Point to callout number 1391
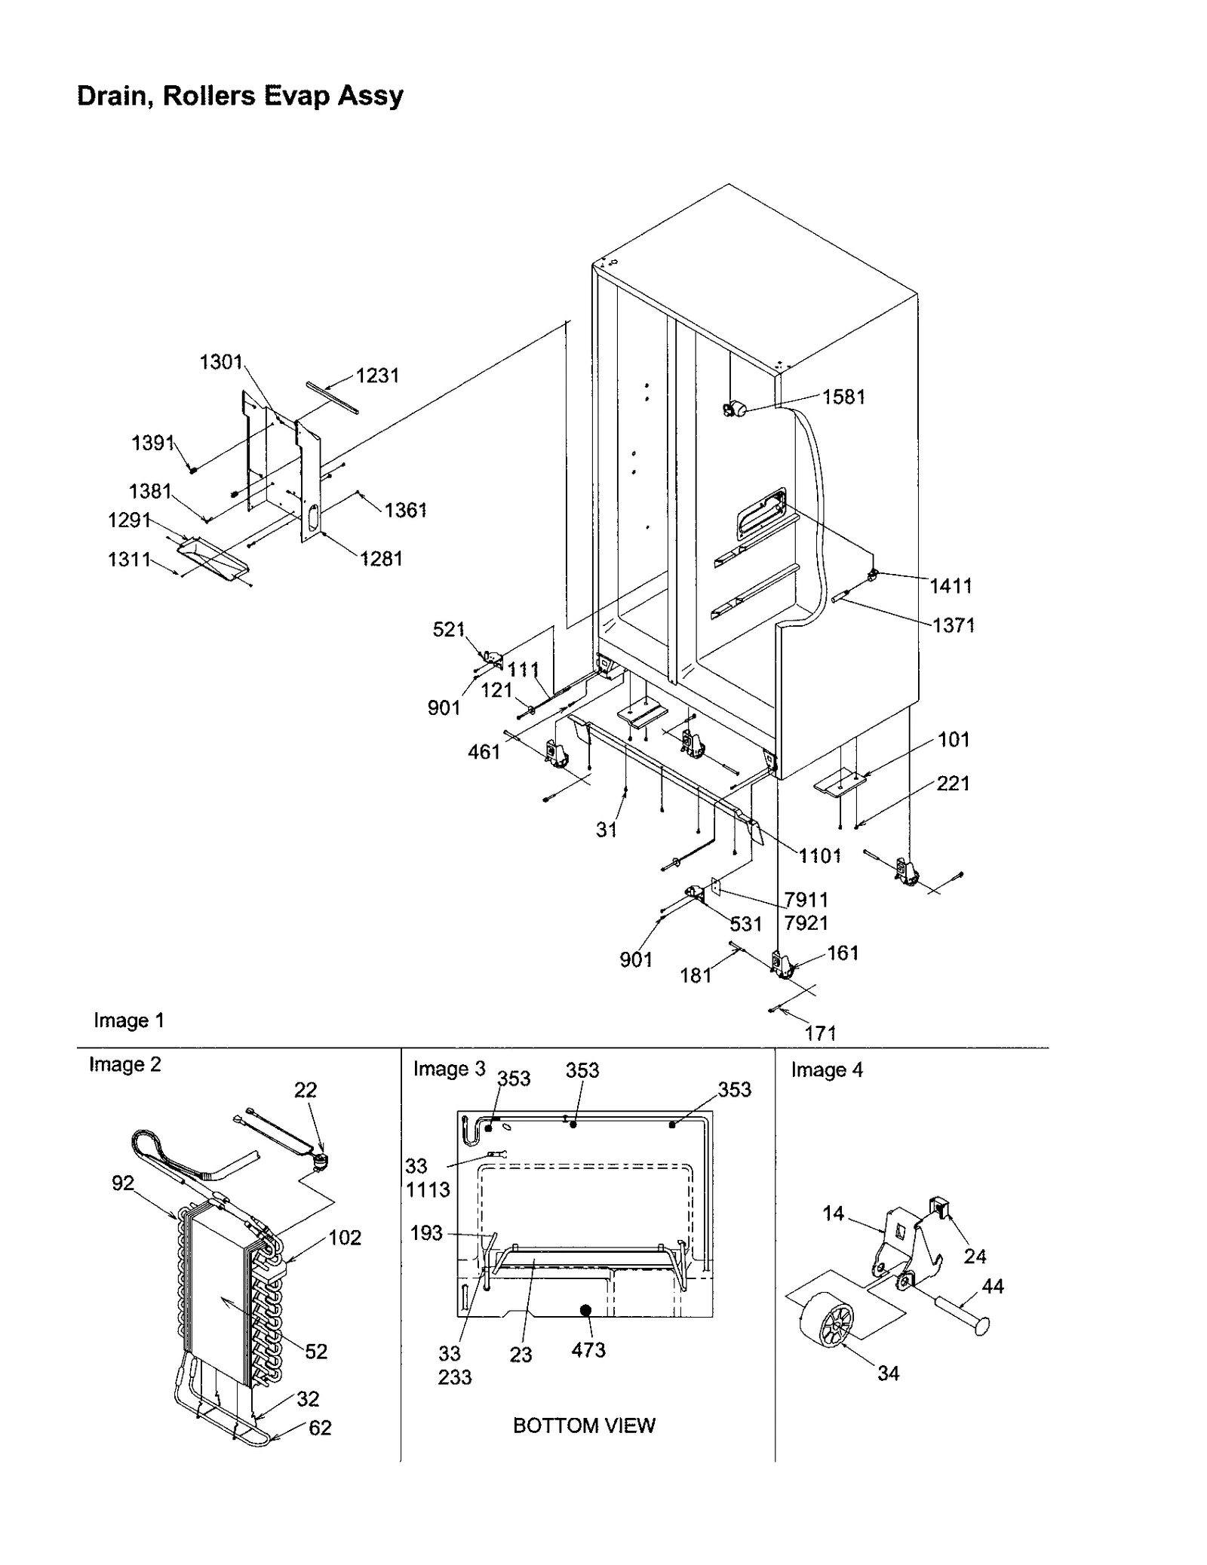(x=153, y=443)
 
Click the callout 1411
(x=950, y=585)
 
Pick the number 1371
(x=953, y=624)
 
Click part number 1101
(x=820, y=855)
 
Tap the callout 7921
(x=806, y=922)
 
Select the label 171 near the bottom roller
(x=820, y=1033)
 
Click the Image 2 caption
(x=124, y=1064)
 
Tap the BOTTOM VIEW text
(x=584, y=1425)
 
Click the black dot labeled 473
(x=585, y=1310)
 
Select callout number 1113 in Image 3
(x=427, y=1189)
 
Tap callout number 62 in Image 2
(x=320, y=1428)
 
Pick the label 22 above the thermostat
(x=305, y=1090)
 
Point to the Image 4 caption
(x=826, y=1069)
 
